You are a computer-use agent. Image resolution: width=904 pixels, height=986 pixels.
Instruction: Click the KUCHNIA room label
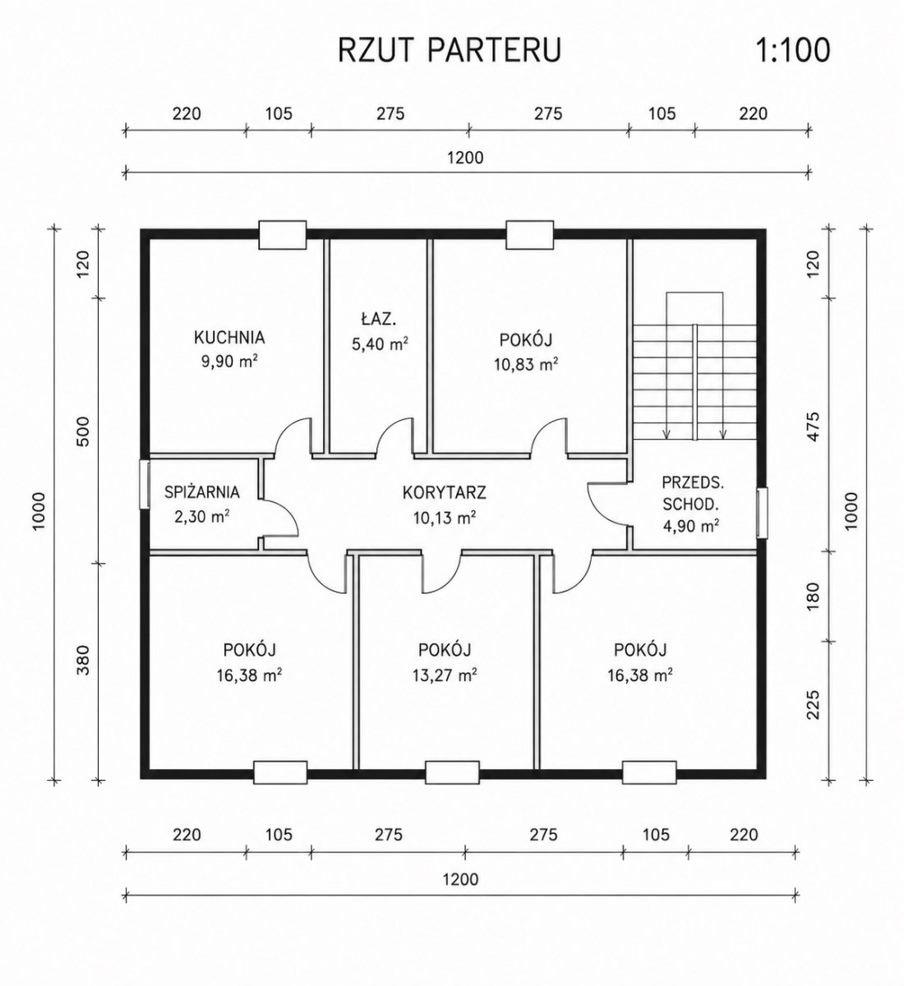[x=229, y=338]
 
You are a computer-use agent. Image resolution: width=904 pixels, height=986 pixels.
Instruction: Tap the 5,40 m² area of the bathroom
[x=380, y=343]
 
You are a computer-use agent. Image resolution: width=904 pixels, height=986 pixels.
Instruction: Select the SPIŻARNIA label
[x=202, y=492]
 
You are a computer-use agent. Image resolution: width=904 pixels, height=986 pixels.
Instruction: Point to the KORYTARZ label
[x=444, y=492]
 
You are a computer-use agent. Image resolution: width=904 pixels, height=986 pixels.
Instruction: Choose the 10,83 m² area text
[x=526, y=364]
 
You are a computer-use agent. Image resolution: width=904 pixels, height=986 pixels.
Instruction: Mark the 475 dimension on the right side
[x=814, y=426]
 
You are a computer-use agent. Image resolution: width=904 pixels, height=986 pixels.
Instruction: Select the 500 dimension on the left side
[x=84, y=431]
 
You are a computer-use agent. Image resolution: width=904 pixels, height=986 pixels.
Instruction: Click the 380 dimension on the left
[x=84, y=660]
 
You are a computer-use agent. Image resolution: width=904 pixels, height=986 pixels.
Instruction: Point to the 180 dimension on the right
[x=814, y=597]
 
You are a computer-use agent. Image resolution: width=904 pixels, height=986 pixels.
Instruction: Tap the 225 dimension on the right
[x=814, y=705]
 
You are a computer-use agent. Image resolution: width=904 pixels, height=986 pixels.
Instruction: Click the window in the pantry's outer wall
[x=145, y=484]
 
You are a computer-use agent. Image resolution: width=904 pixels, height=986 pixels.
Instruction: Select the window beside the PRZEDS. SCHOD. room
[x=762, y=512]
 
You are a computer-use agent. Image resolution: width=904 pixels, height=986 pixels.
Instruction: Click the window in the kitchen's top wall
[x=283, y=234]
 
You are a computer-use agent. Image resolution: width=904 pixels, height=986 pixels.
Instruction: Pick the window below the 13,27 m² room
[x=452, y=772]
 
